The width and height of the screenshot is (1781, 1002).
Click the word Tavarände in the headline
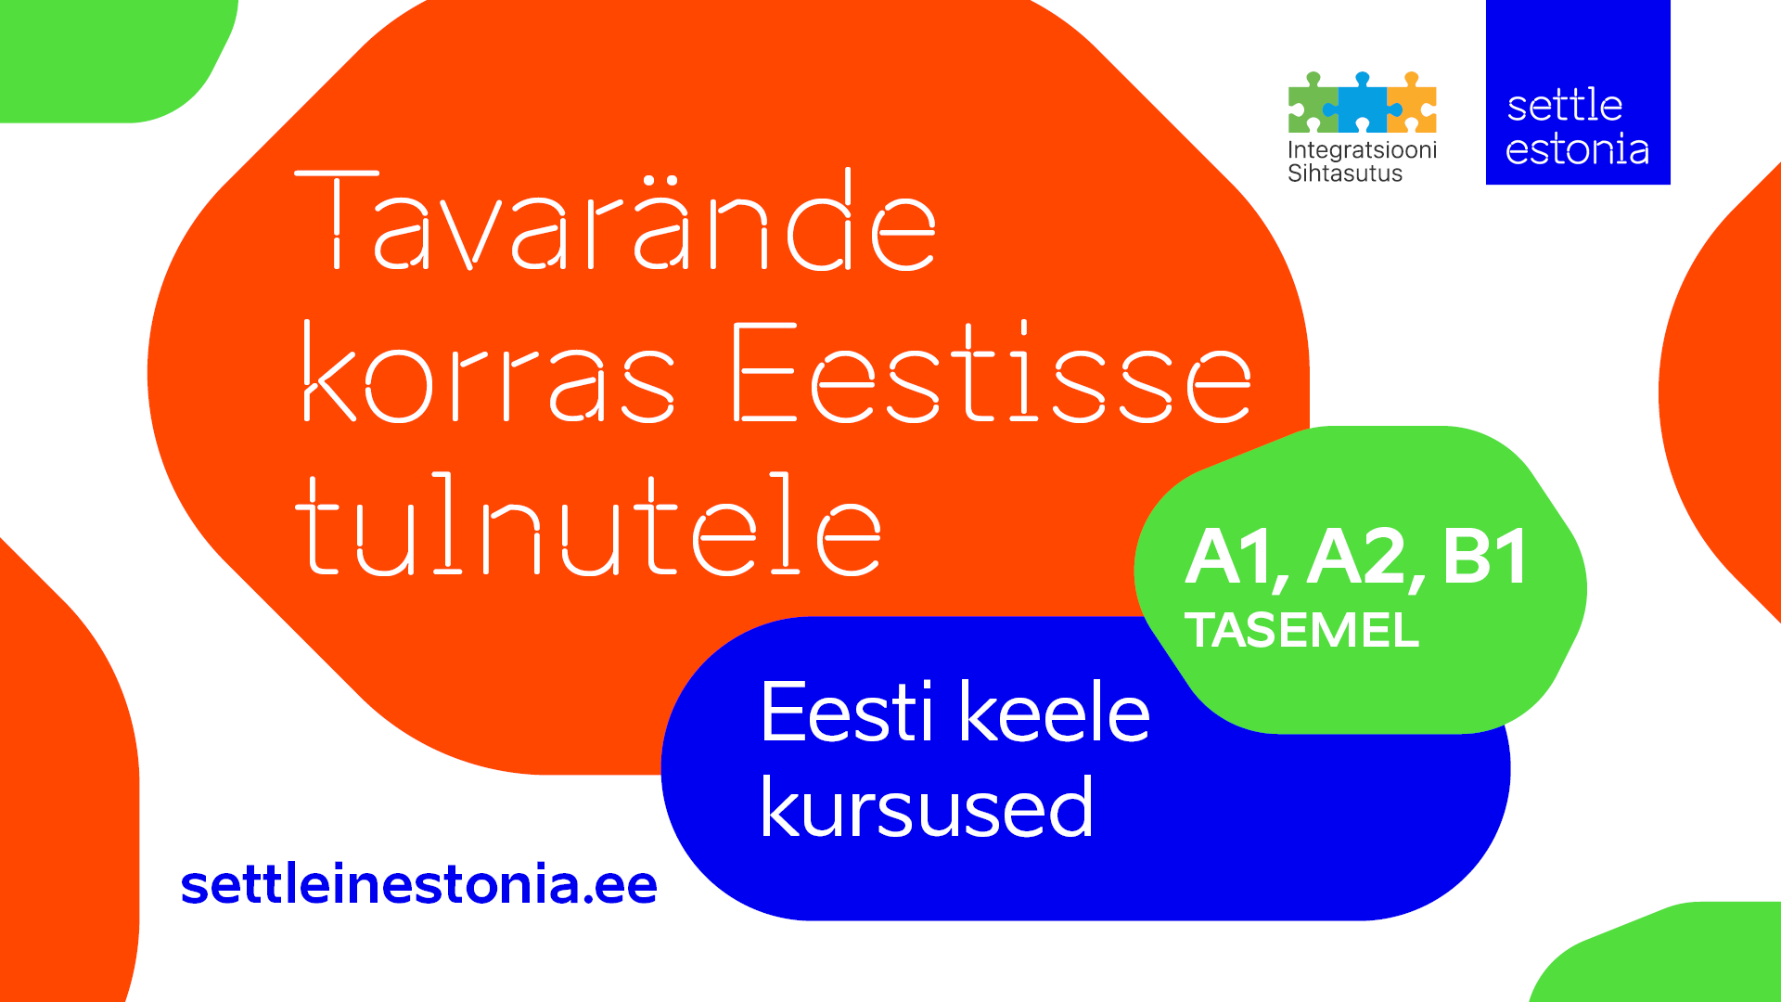tap(615, 220)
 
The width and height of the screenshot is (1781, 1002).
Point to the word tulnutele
tap(588, 523)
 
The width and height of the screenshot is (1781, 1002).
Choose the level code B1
tap(1485, 557)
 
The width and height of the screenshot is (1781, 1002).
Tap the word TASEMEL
tap(1302, 630)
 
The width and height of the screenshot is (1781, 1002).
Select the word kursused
tap(927, 806)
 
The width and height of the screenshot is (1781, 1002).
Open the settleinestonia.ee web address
tap(419, 884)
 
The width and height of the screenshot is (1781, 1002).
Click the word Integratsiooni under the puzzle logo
tap(1362, 150)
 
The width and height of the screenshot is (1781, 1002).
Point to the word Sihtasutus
tap(1345, 173)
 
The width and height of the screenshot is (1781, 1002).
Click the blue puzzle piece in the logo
tap(1363, 103)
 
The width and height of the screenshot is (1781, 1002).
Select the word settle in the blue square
tap(1565, 106)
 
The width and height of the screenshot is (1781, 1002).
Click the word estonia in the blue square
tap(1577, 149)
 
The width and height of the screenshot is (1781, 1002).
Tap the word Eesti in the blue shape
tap(847, 712)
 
